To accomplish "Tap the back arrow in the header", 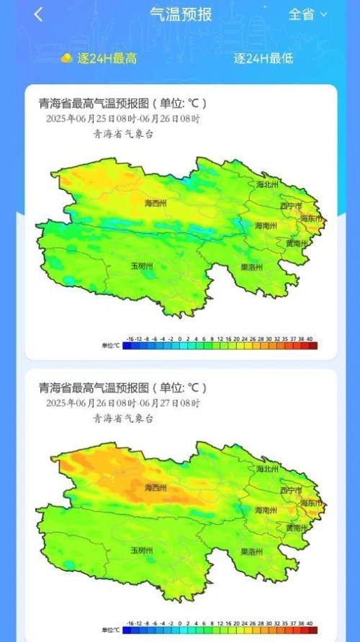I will point(38,14).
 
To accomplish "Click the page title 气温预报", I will point(180,14).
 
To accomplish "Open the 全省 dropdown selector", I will point(307,14).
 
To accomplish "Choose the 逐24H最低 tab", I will point(263,58).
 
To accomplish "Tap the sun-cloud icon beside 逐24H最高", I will point(66,58).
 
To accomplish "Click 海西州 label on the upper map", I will point(155,204).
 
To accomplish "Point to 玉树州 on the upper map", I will point(141,266).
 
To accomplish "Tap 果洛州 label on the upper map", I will point(251,267).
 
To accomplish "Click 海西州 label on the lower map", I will point(155,488).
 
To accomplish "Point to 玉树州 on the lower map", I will point(141,550).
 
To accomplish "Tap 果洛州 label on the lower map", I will point(251,552).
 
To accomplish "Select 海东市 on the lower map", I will point(311,502).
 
